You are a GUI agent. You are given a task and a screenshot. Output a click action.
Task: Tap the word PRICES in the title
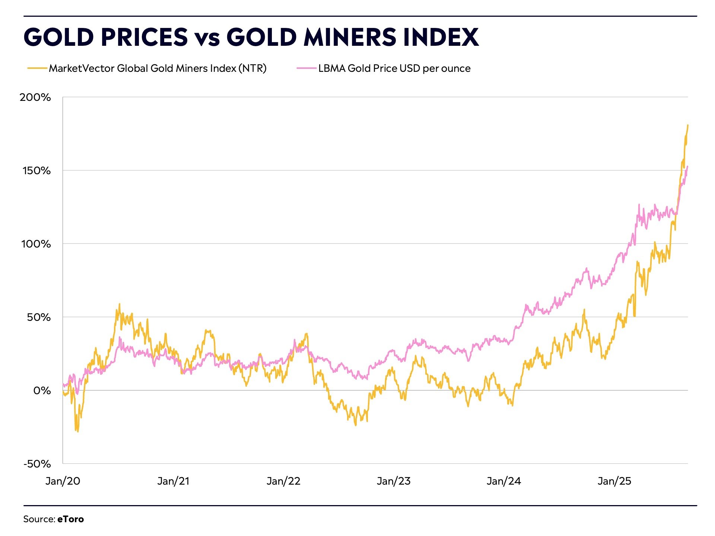pyautogui.click(x=144, y=37)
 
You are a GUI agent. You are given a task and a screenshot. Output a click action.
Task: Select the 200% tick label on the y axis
pyautogui.click(x=35, y=98)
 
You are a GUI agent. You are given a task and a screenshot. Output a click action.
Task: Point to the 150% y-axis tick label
pyautogui.click(x=36, y=171)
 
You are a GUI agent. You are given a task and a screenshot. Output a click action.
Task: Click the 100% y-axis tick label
pyautogui.click(x=36, y=244)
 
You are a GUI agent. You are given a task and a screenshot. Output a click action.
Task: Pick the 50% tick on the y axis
pyautogui.click(x=39, y=318)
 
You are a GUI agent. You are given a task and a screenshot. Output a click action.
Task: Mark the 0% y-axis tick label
pyautogui.click(x=42, y=391)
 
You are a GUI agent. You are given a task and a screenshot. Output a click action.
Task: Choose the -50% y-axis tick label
pyautogui.click(x=37, y=464)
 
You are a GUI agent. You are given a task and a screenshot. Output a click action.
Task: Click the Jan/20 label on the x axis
pyautogui.click(x=63, y=481)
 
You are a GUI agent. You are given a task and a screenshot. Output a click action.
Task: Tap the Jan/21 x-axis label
pyautogui.click(x=173, y=481)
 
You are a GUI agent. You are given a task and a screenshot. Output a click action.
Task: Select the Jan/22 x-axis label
pyautogui.click(x=283, y=481)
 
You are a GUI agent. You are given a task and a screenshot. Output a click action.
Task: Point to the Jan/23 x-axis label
pyautogui.click(x=394, y=481)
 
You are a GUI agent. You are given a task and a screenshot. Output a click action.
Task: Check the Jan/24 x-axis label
pyautogui.click(x=504, y=481)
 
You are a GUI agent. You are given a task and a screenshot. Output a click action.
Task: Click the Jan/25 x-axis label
pyautogui.click(x=614, y=481)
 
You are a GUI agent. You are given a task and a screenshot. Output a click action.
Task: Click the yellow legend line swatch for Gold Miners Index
pyautogui.click(x=37, y=68)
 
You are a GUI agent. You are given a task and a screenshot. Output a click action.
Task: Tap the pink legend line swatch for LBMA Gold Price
pyautogui.click(x=306, y=68)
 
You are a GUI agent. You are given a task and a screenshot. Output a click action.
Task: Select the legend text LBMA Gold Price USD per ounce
pyautogui.click(x=394, y=68)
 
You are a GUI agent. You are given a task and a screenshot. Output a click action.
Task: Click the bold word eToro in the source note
pyautogui.click(x=70, y=519)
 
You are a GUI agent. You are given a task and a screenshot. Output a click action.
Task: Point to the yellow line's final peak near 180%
pyautogui.click(x=687, y=125)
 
